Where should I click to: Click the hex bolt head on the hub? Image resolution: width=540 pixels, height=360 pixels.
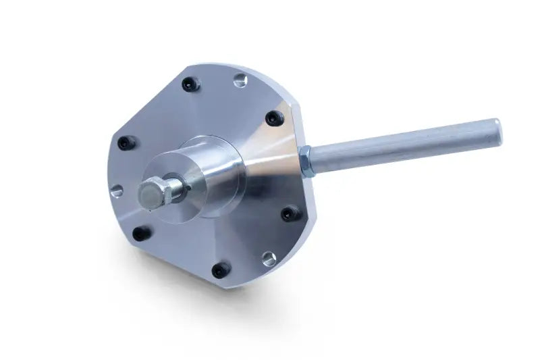pyautogui.click(x=153, y=193)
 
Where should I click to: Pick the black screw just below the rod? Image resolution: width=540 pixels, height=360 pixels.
pyautogui.click(x=290, y=214)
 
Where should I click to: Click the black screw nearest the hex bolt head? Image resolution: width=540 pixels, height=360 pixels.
pyautogui.click(x=139, y=234)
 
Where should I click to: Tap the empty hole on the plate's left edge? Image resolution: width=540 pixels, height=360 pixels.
pyautogui.click(x=116, y=191)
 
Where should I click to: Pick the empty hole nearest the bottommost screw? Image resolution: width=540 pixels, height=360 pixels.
pyautogui.click(x=268, y=257)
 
